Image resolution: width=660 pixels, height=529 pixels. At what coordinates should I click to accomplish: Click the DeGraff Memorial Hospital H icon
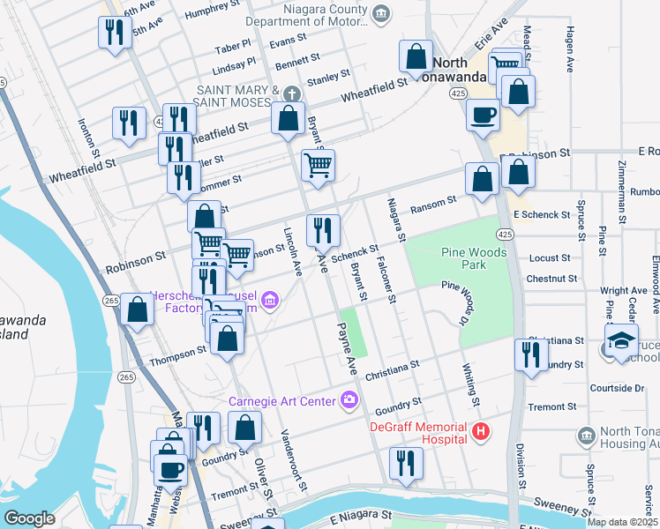point(481,431)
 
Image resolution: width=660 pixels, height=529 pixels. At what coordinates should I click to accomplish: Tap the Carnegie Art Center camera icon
point(350,401)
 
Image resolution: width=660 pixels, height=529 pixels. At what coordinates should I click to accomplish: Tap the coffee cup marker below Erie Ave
point(483,115)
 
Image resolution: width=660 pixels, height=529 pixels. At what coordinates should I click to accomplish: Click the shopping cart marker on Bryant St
point(318,164)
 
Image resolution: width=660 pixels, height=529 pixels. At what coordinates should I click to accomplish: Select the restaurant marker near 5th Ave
point(113,33)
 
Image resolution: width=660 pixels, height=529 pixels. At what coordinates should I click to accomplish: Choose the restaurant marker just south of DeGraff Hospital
point(406,463)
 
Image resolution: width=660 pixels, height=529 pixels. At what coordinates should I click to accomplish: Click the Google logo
point(30,518)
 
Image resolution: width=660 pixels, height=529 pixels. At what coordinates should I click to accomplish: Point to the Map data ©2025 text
point(622,522)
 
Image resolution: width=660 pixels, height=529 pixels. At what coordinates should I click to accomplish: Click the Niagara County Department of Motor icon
point(380,12)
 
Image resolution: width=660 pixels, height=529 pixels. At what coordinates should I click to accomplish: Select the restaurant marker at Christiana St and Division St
point(530,354)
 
